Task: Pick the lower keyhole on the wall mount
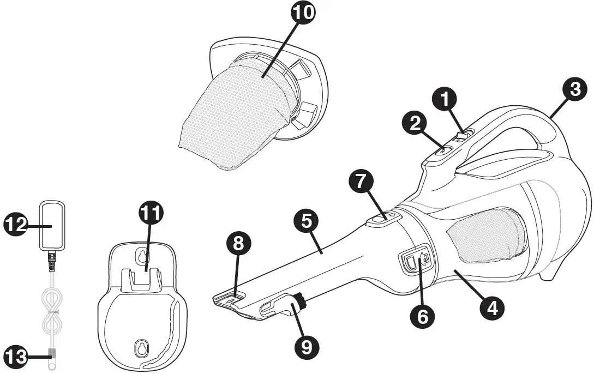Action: pyautogui.click(x=141, y=347)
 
